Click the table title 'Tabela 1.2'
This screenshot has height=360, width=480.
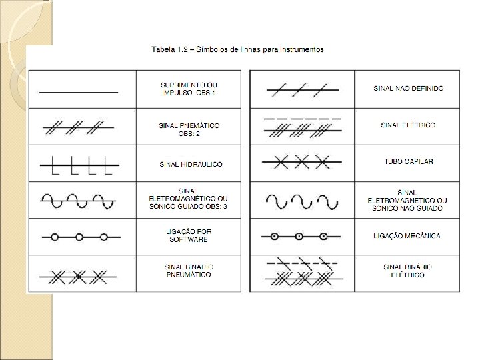point(169,49)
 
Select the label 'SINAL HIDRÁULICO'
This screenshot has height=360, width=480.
point(191,164)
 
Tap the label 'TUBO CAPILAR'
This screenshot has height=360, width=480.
point(408,162)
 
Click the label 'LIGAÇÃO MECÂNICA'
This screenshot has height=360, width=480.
point(408,236)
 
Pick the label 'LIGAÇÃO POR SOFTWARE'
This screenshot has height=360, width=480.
point(189,235)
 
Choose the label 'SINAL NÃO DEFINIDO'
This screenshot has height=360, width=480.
point(409,88)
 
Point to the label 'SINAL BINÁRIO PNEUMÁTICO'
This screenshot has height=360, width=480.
point(189,271)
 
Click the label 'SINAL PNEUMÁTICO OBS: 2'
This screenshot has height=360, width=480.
point(189,129)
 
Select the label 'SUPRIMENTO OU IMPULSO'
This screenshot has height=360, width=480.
point(189,89)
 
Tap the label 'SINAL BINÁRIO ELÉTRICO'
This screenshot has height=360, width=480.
point(408,271)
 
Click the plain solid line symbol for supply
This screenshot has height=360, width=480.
point(79,91)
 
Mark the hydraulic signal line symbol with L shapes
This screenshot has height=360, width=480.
point(79,163)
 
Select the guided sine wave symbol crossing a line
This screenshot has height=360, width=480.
point(79,200)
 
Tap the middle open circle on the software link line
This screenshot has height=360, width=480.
point(79,237)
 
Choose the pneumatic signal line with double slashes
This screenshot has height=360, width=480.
point(79,126)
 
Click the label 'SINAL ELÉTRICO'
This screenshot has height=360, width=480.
point(408,125)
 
